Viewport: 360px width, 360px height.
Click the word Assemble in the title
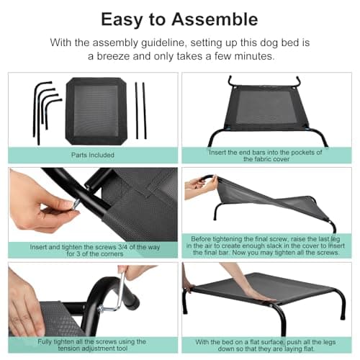point(215,19)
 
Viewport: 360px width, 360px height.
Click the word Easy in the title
point(122,20)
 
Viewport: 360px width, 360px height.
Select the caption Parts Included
point(93,155)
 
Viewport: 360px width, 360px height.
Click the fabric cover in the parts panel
point(96,111)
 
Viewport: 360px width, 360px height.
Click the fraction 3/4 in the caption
point(122,247)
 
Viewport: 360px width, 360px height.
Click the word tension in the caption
point(68,348)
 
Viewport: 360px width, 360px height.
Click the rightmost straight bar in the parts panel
point(145,111)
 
